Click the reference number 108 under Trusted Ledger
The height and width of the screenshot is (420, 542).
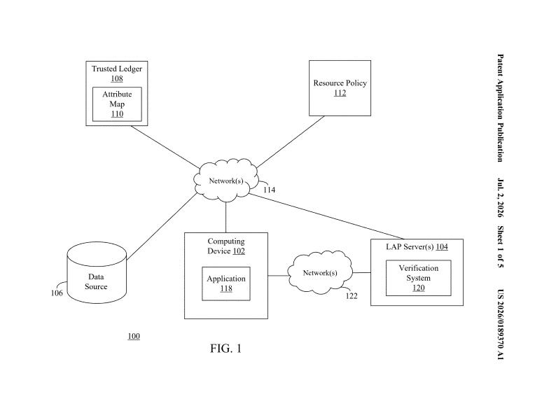117,78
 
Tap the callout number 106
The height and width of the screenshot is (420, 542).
57,293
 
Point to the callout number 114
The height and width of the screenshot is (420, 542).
270,190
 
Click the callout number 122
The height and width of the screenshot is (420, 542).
352,296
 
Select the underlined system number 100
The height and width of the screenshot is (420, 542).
134,336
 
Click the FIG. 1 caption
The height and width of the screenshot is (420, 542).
225,348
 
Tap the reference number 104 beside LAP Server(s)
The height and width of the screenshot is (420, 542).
442,246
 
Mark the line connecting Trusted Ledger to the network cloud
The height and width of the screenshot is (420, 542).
165,147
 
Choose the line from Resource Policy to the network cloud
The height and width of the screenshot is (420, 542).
291,142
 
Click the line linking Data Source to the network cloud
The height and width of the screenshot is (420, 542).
162,226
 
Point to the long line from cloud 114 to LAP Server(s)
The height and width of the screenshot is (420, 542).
326,216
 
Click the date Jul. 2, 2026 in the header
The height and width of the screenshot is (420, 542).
500,197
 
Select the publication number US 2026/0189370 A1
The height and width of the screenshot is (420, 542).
500,324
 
